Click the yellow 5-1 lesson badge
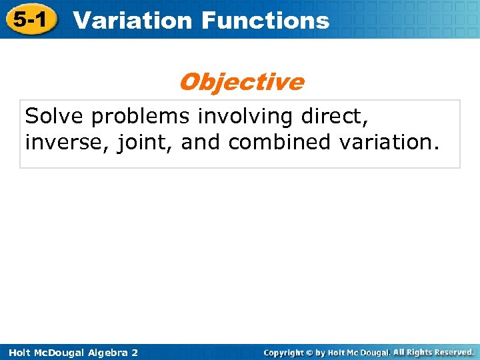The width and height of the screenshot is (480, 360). click(29, 20)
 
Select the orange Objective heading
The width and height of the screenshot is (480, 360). click(241, 82)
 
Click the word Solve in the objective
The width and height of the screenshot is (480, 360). click(55, 117)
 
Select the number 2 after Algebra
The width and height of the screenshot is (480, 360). click(135, 352)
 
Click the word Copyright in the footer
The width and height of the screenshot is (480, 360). click(283, 352)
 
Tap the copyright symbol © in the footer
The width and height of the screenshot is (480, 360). click(309, 352)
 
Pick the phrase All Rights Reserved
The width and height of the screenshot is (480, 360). click(433, 351)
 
